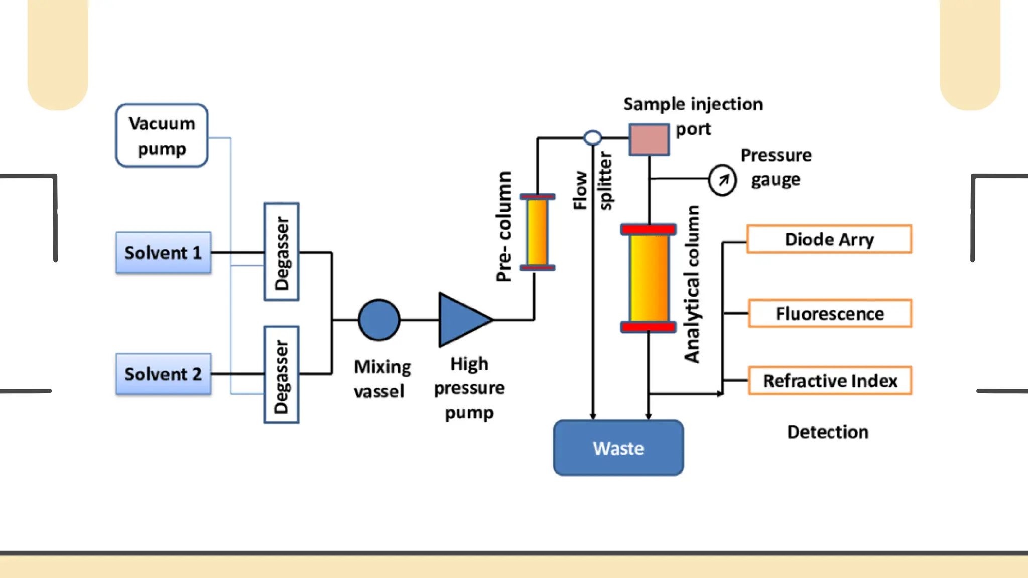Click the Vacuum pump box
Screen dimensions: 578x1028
(162, 135)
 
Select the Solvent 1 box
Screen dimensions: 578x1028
(163, 253)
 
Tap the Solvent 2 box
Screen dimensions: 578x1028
(163, 374)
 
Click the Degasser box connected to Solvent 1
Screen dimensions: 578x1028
(282, 252)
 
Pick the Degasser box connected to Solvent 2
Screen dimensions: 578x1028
(282, 375)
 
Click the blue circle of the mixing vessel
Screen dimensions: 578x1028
(379, 320)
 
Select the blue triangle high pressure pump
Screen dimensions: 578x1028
(461, 320)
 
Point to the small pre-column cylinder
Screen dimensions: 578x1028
(537, 232)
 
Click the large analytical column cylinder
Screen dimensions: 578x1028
(649, 278)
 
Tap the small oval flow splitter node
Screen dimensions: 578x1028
(593, 137)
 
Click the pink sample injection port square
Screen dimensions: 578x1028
(649, 139)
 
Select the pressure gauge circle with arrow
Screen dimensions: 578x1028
(722, 180)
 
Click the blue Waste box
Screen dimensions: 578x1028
(618, 448)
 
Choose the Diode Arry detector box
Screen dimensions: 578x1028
(829, 239)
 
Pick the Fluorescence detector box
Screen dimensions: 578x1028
(830, 314)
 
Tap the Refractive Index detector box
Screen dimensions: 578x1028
(830, 381)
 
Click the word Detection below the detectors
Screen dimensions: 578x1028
(828, 432)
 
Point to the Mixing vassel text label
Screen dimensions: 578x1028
(381, 379)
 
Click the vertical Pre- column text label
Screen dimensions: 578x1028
(504, 227)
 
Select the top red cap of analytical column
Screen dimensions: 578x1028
(649, 230)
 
